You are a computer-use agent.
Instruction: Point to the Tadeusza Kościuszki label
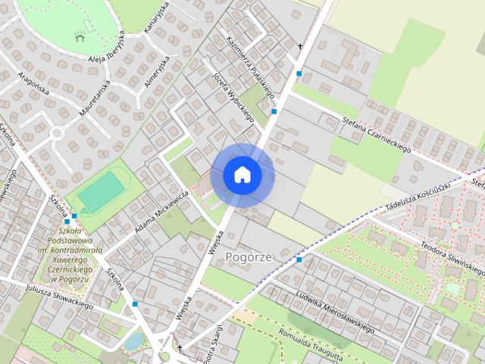(x=417, y=194)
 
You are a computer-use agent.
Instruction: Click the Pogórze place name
(x=249, y=257)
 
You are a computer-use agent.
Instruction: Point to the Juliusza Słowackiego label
(x=58, y=295)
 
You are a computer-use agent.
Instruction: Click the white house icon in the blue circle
(x=242, y=174)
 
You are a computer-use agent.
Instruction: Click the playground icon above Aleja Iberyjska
(x=80, y=36)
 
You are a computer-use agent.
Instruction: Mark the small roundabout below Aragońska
(x=56, y=133)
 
